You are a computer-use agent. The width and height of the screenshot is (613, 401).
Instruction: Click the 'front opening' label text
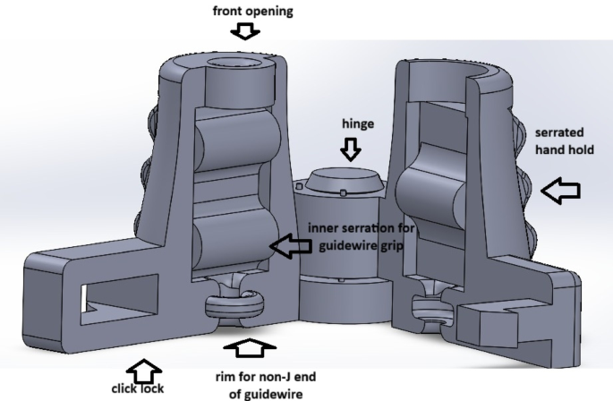(x=253, y=11)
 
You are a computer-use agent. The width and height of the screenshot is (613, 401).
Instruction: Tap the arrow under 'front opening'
(x=245, y=31)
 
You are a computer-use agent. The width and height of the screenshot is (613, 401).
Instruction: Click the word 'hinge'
(x=358, y=124)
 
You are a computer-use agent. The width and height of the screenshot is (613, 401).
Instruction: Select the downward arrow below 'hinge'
(x=351, y=149)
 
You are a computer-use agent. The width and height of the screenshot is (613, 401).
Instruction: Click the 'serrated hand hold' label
(x=564, y=141)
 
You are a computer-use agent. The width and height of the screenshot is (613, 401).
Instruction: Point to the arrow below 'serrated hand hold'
(x=560, y=191)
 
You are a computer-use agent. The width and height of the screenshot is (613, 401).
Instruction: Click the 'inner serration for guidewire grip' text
(x=361, y=236)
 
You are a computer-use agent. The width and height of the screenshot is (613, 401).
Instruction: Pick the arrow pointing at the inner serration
(x=291, y=246)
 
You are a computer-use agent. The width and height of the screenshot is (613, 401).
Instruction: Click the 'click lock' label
(x=138, y=388)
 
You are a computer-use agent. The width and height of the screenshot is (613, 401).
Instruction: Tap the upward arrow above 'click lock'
(x=143, y=371)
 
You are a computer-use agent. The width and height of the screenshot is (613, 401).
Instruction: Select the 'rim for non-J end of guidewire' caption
(x=266, y=386)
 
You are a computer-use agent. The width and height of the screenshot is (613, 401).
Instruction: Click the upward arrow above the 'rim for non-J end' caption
(x=250, y=348)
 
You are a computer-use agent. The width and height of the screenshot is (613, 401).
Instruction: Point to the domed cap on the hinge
(x=344, y=180)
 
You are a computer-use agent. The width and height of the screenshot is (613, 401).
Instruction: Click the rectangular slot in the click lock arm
(x=120, y=299)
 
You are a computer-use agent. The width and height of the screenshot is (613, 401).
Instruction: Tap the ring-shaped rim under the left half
(x=234, y=303)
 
